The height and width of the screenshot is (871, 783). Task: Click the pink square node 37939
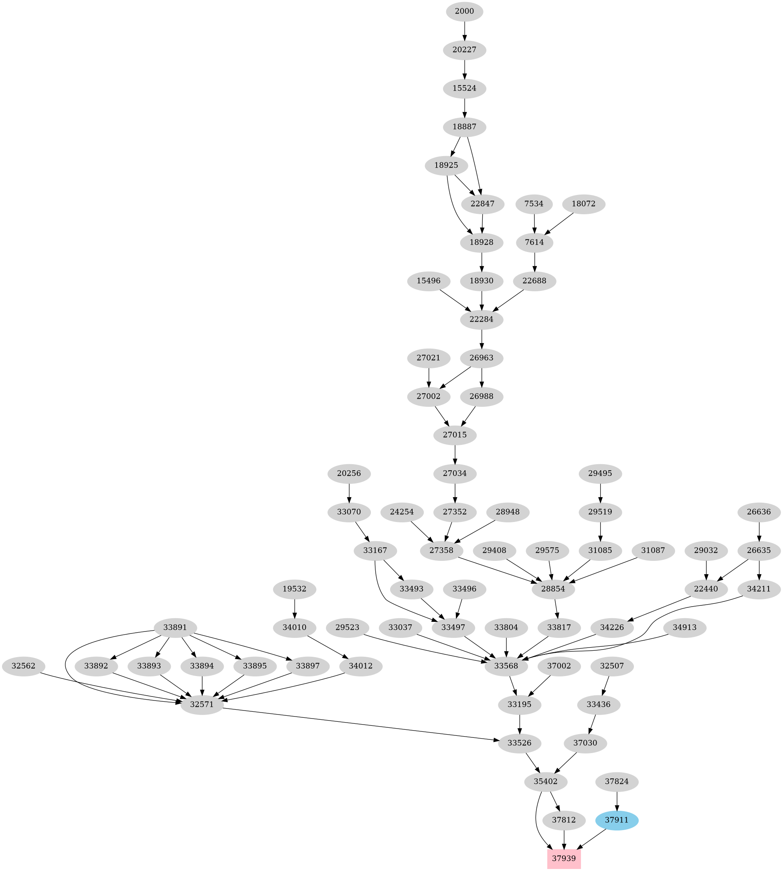[x=564, y=858]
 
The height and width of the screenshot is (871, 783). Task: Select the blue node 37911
[x=617, y=820]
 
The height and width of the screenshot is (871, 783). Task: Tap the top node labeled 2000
[x=465, y=11]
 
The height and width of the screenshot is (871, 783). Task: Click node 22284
[x=482, y=319]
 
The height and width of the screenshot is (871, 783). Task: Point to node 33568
[x=506, y=666]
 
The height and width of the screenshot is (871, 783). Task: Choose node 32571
[x=202, y=705]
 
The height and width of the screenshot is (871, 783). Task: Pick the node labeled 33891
[x=175, y=627]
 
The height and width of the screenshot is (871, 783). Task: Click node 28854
[x=553, y=589]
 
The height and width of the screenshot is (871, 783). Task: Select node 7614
[x=534, y=242]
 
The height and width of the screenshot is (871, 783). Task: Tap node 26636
[x=759, y=512]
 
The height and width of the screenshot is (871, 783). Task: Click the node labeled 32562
[x=24, y=666]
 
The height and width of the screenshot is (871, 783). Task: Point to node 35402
[x=546, y=782]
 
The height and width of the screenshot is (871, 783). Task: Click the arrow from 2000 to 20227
[x=465, y=30]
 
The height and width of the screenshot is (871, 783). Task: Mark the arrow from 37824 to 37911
[x=617, y=801]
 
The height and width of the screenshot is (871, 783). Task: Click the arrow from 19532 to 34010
[x=295, y=608]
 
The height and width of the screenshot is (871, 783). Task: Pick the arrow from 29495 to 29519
[x=600, y=493]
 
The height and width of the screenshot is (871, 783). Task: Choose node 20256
[x=349, y=473]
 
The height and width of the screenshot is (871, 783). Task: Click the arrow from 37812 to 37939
[x=564, y=839]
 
